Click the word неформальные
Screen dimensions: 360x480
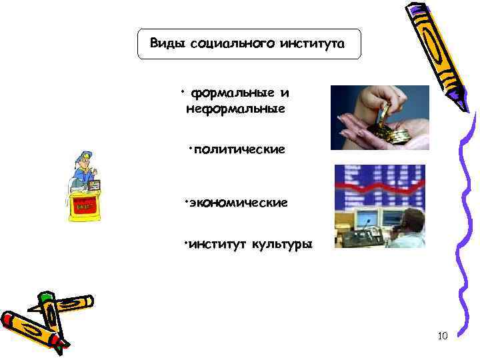[235, 108]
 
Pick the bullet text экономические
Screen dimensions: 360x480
[238, 201]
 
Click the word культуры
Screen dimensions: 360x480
[281, 245]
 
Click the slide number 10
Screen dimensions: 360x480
[443, 335]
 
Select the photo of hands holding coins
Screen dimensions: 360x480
[379, 117]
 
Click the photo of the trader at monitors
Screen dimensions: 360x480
[379, 207]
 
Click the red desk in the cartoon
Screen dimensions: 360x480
[84, 207]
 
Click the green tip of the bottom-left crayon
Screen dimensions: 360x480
[46, 296]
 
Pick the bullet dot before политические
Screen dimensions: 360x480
[190, 146]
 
